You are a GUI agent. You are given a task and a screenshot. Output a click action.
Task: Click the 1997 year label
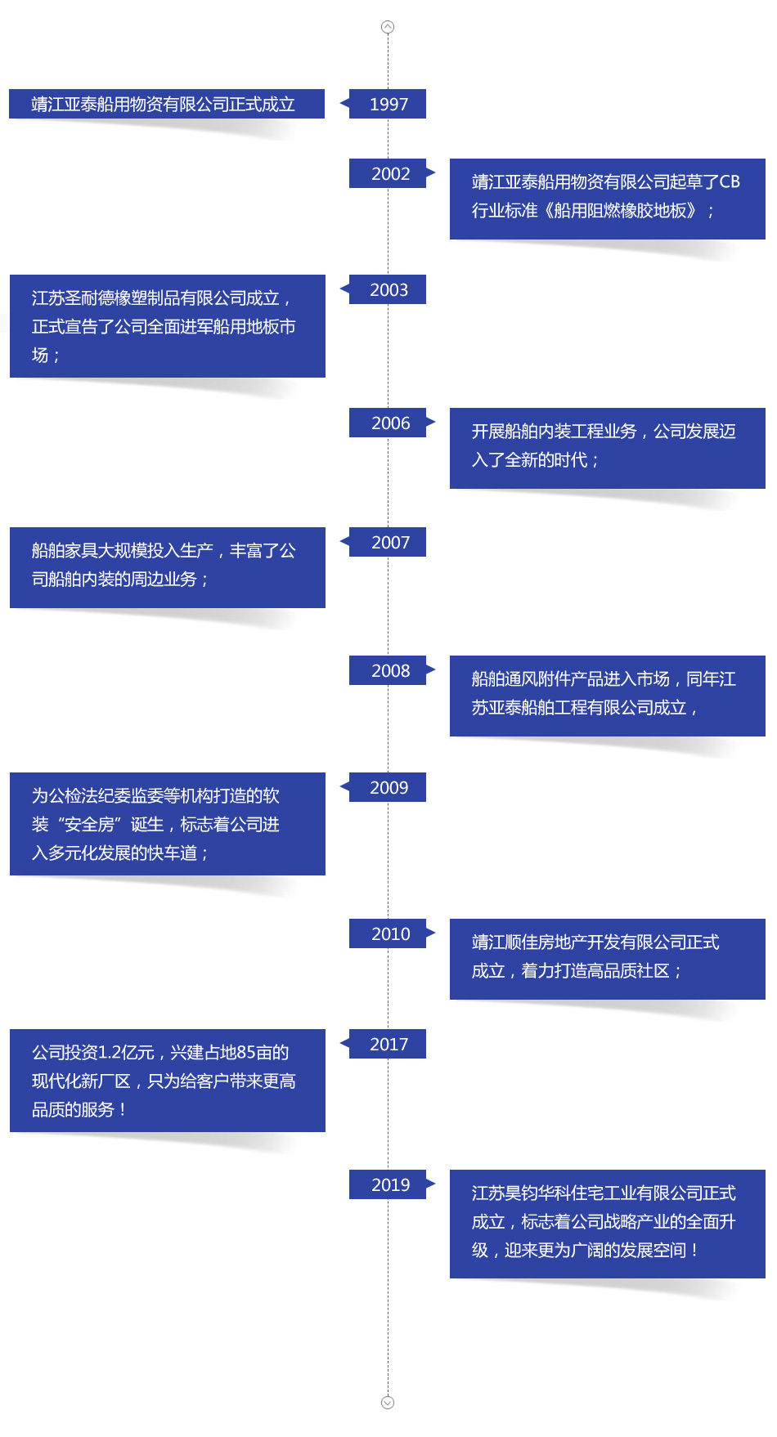point(388,104)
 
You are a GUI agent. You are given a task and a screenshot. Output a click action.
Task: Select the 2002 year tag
point(389,173)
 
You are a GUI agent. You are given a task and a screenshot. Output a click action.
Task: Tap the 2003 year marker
point(388,289)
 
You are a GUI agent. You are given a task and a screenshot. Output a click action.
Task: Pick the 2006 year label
point(389,423)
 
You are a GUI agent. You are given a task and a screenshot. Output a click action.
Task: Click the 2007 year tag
point(389,542)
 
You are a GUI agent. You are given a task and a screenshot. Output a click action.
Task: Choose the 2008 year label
point(389,670)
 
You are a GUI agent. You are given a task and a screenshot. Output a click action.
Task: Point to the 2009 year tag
point(388,787)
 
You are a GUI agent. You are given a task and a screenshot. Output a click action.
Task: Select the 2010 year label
point(389,933)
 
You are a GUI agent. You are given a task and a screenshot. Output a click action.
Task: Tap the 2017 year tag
point(388,1044)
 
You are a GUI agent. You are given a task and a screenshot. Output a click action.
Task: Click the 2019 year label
point(389,1184)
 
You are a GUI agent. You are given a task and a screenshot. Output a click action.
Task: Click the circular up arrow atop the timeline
point(388,27)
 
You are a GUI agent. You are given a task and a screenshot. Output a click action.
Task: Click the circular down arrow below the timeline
point(388,1403)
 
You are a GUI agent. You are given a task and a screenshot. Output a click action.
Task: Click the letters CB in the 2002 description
point(730,182)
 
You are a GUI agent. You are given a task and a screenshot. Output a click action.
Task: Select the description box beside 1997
point(167,104)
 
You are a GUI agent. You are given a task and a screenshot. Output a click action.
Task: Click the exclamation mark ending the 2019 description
point(694,1251)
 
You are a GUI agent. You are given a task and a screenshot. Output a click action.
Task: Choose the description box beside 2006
point(607,446)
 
